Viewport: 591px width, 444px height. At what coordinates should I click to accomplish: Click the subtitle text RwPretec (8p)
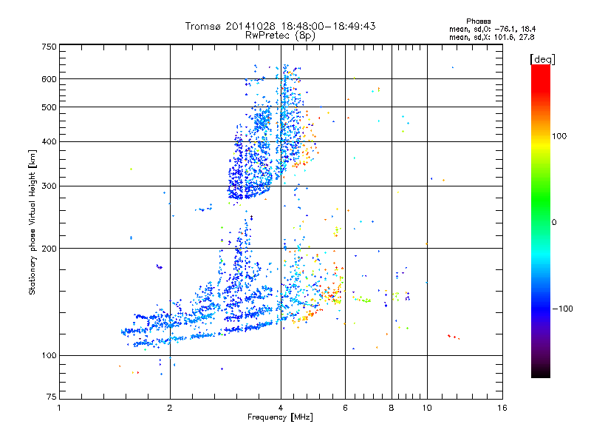coord(280,35)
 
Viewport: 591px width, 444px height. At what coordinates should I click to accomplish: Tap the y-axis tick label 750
coord(49,46)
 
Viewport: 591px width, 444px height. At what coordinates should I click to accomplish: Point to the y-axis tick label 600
coord(49,78)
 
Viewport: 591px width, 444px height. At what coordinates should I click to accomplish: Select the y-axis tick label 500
coord(49,107)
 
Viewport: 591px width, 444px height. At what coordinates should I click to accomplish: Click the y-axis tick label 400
coord(49,141)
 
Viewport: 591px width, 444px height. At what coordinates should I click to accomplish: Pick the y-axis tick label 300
coord(49,186)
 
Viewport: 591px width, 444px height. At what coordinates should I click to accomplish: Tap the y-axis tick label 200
coord(49,248)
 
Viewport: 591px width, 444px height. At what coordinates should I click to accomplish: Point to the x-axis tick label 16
coord(502,408)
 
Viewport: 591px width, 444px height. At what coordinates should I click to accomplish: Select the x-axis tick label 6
coord(345,408)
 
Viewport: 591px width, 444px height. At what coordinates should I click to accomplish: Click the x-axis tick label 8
coord(391,408)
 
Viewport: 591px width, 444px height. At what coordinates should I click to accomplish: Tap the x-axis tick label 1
coord(59,408)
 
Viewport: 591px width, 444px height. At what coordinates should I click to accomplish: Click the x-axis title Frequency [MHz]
coord(280,417)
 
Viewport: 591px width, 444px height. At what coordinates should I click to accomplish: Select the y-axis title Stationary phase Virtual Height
coord(33,223)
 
